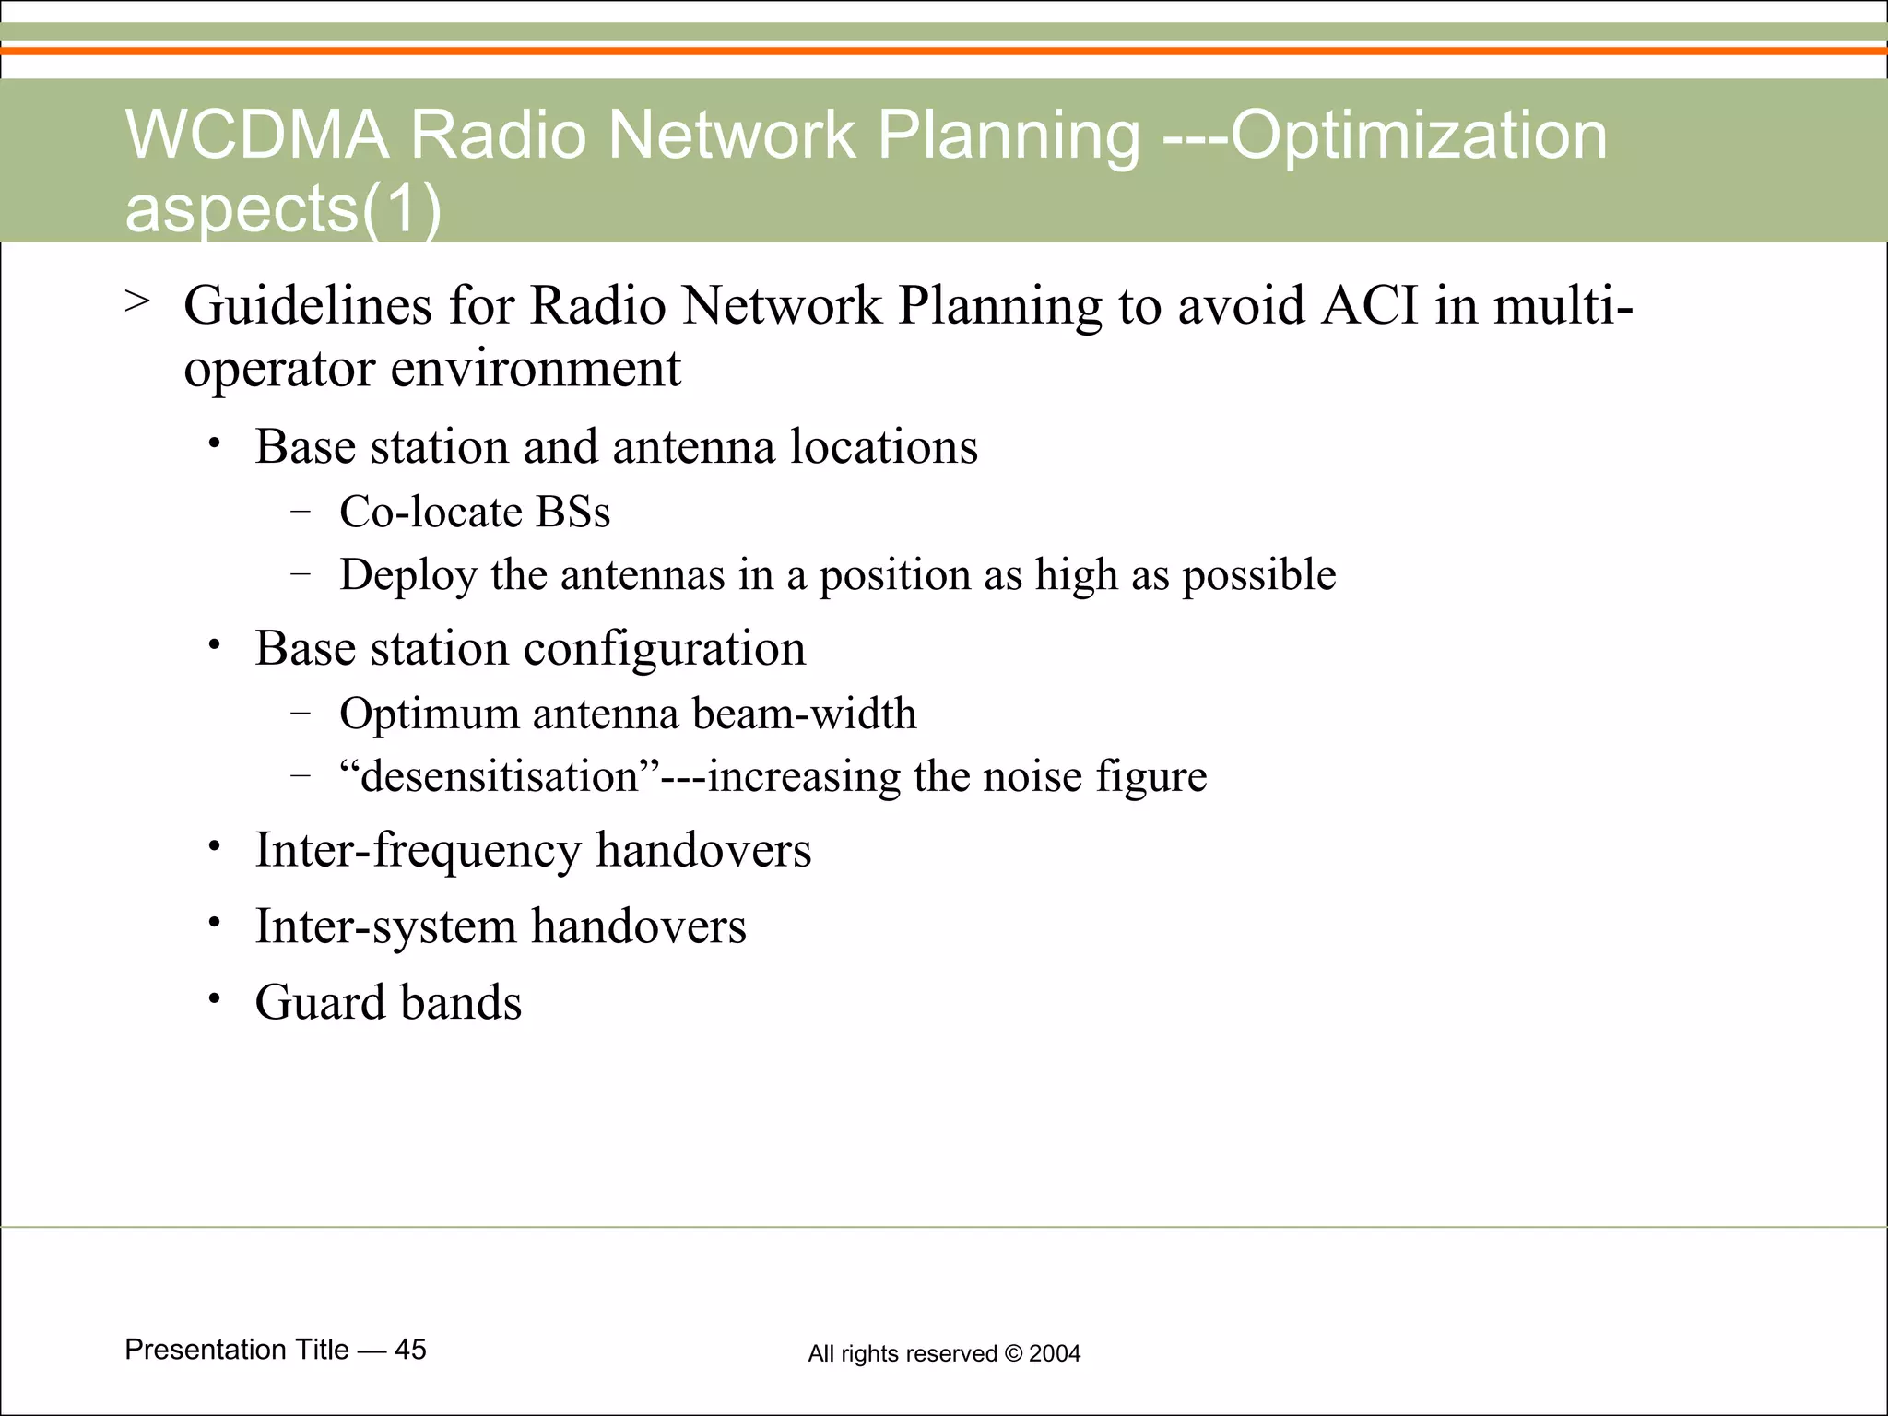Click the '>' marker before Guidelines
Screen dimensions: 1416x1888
137,301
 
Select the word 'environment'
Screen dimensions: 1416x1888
536,369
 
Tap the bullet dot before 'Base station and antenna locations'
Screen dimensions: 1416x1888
214,445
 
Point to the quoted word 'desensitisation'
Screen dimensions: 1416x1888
499,776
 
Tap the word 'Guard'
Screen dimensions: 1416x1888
320,1003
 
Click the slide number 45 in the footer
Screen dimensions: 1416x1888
410,1350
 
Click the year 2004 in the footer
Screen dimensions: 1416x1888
1055,1353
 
